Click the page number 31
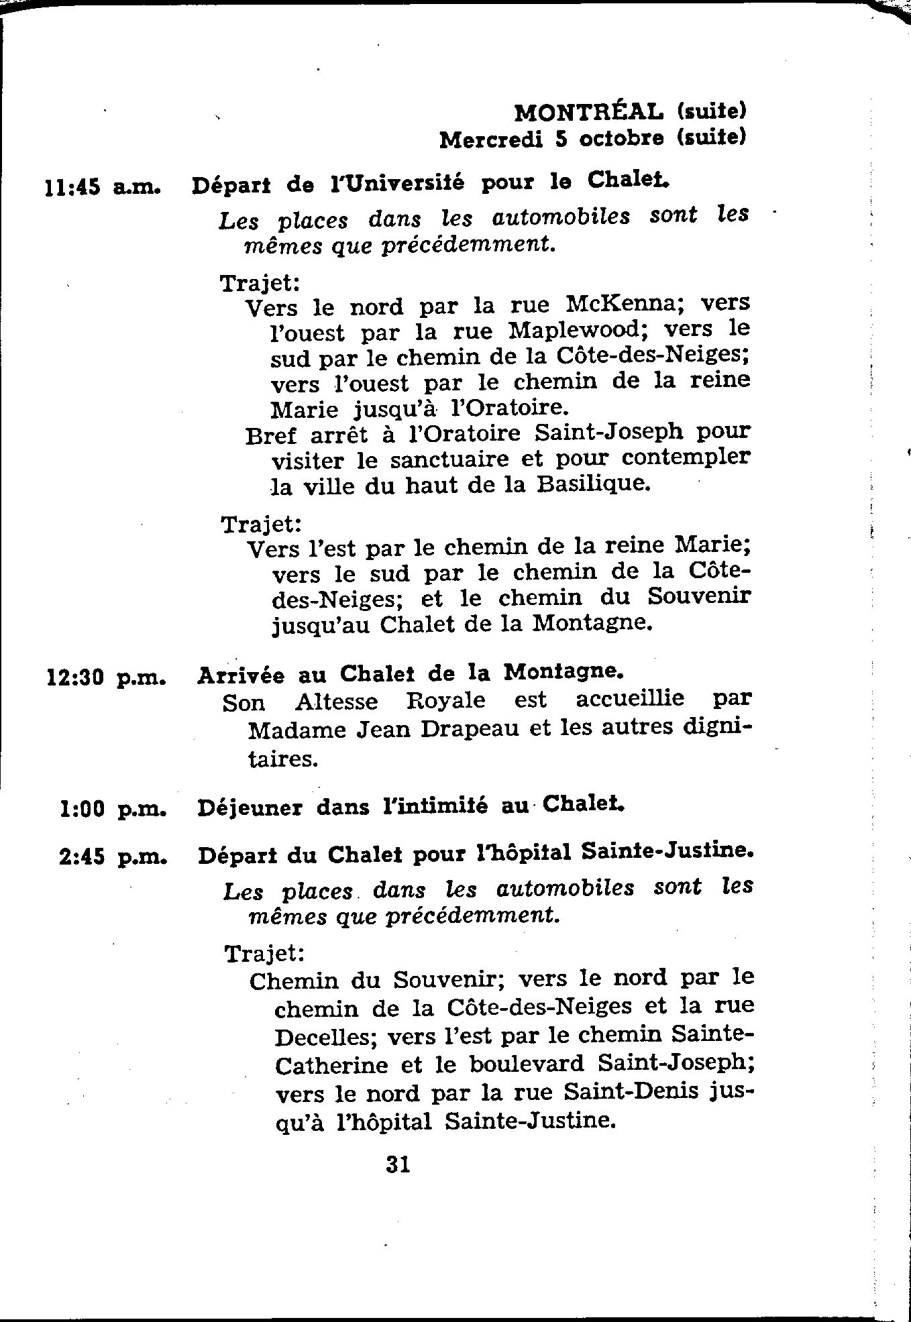(398, 1164)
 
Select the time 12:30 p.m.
(106, 677)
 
